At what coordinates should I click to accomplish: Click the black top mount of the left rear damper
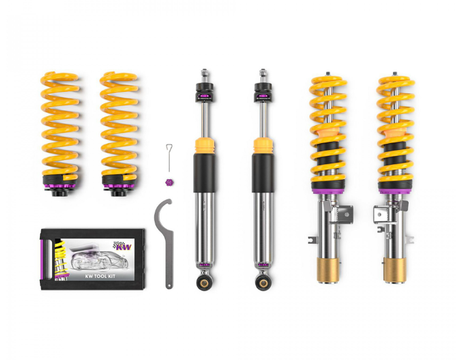[x=203, y=91]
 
